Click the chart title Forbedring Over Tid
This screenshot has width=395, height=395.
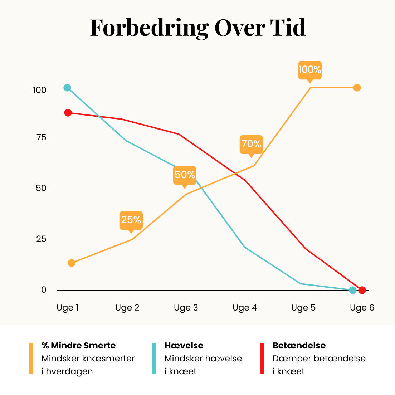click(x=198, y=28)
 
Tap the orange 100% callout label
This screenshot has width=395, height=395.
click(x=310, y=70)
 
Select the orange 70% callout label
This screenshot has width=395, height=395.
click(x=251, y=145)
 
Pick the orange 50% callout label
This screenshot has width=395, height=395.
click(x=185, y=176)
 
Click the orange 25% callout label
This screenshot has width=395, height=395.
click(x=131, y=221)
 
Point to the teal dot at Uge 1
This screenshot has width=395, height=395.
click(x=67, y=88)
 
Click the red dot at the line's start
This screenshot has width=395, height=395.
click(x=68, y=113)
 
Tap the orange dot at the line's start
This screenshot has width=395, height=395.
click(x=72, y=263)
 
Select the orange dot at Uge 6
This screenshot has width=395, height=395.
click(x=357, y=88)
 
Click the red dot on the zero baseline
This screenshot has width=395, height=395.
click(x=362, y=290)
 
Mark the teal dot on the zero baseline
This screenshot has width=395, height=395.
click(x=353, y=290)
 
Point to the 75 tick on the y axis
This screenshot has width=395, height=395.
click(x=41, y=137)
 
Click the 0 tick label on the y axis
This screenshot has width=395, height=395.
click(x=44, y=290)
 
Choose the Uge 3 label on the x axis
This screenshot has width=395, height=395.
click(x=186, y=308)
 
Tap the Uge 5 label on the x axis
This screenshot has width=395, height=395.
click(x=303, y=308)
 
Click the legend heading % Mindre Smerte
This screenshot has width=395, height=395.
click(x=79, y=345)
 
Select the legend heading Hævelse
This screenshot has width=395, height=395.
click(x=184, y=345)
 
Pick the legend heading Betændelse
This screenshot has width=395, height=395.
click(x=299, y=345)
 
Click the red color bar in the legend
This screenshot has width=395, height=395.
click(x=262, y=359)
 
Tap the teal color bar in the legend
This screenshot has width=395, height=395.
click(x=154, y=359)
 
